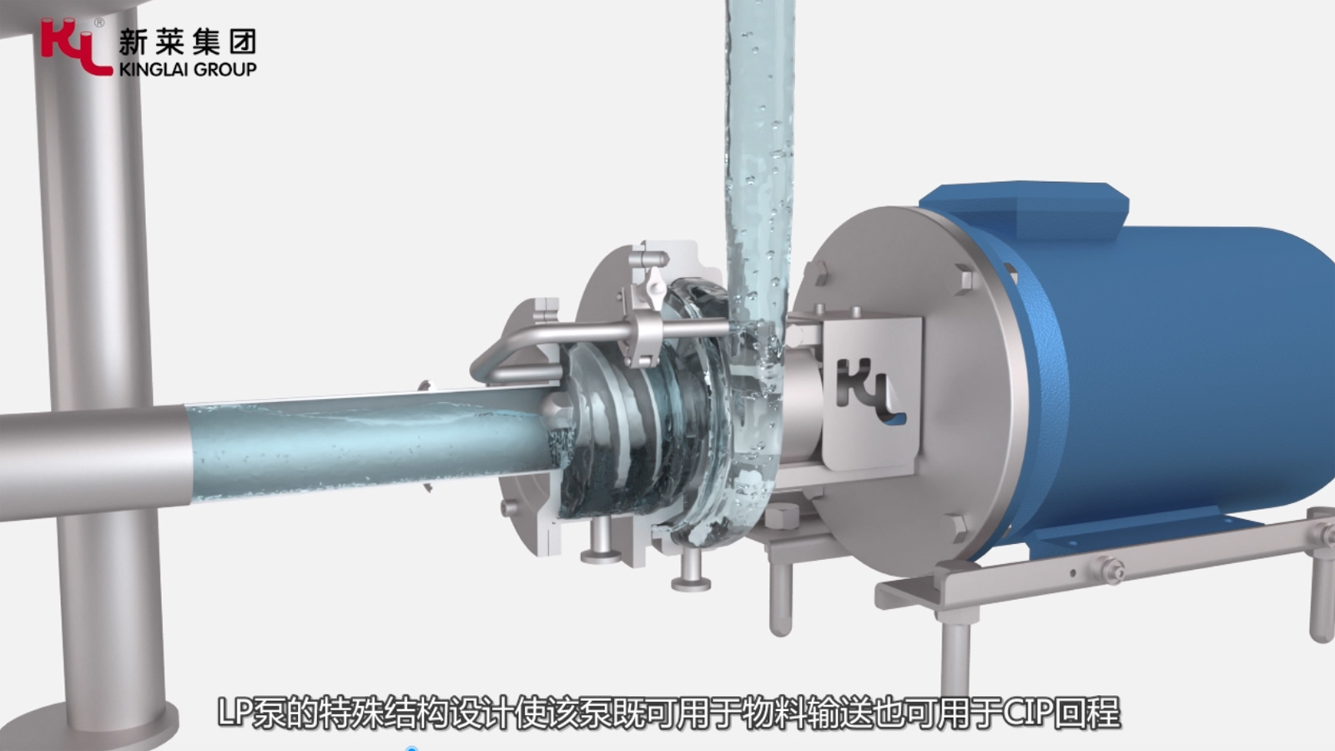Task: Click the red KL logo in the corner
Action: pyautogui.click(x=76, y=47)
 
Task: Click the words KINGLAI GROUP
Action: pyautogui.click(x=188, y=69)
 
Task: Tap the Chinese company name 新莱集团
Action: pyautogui.click(x=188, y=41)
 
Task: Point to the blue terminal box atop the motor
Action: pyautogui.click(x=1025, y=209)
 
